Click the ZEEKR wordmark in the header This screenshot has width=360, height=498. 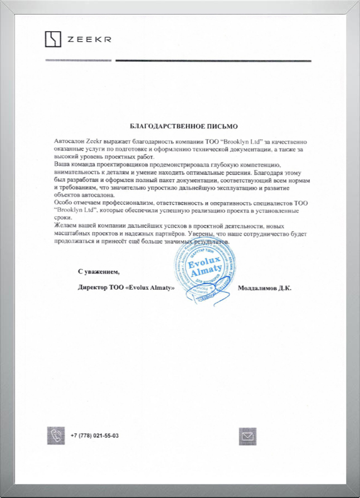point(89,40)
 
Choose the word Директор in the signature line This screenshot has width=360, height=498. point(94,288)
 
